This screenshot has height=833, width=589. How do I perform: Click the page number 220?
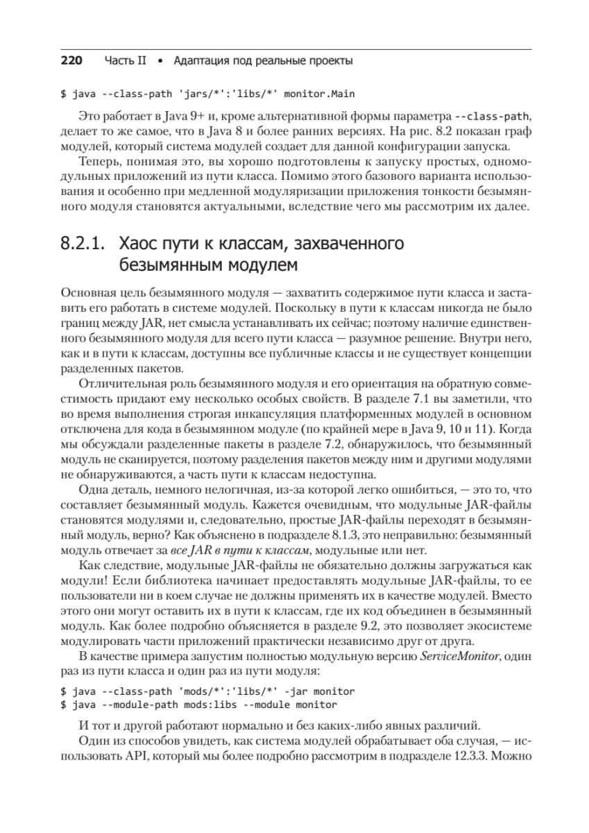coord(71,61)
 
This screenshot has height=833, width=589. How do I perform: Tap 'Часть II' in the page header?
coord(126,61)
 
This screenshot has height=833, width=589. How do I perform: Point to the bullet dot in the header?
coord(160,61)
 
